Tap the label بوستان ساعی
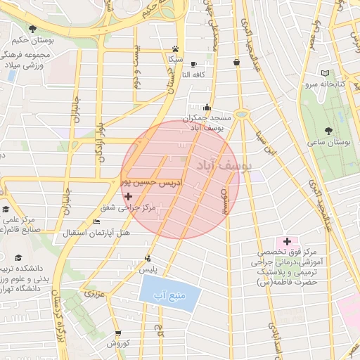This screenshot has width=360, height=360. pyautogui.click(x=329, y=142)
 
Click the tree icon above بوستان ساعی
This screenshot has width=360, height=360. pyautogui.click(x=329, y=130)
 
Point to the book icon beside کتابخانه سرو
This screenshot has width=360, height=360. pyautogui.click(x=324, y=72)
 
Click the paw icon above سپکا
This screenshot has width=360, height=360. pyautogui.click(x=174, y=49)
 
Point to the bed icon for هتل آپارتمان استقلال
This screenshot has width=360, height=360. pyautogui.click(x=96, y=221)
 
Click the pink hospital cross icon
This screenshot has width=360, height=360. pyautogui.click(x=287, y=241)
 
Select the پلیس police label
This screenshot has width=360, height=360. pyautogui.click(x=148, y=268)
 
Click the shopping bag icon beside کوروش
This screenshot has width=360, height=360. pyautogui.click(x=117, y=333)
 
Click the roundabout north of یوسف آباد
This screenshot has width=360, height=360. pyautogui.click(x=242, y=113)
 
